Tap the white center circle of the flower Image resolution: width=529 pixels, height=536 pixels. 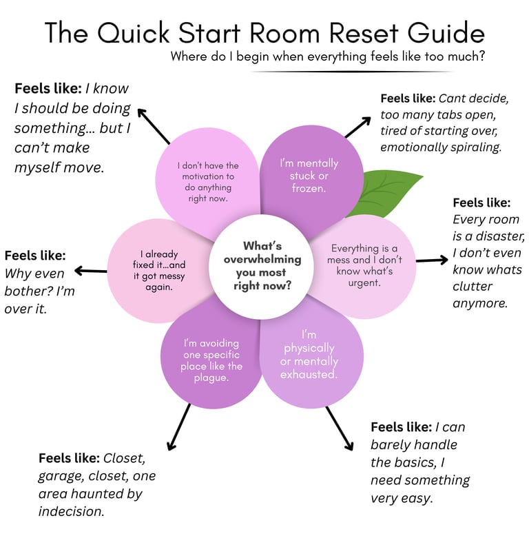[x=262, y=265]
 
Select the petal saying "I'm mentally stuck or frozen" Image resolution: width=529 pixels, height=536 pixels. [x=309, y=175]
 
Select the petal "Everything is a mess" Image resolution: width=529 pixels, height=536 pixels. [x=365, y=265]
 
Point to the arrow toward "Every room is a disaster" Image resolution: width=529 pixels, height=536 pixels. [x=432, y=260]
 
